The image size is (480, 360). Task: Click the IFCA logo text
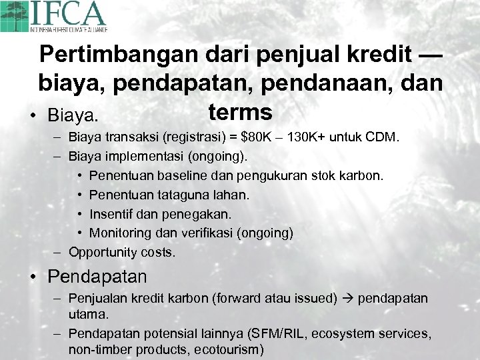pos(75,14)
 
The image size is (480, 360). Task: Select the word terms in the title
pos(240,111)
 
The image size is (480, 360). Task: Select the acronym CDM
pos(383,138)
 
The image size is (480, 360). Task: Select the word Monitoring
pos(119,233)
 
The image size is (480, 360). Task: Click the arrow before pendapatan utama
pos(349,298)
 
